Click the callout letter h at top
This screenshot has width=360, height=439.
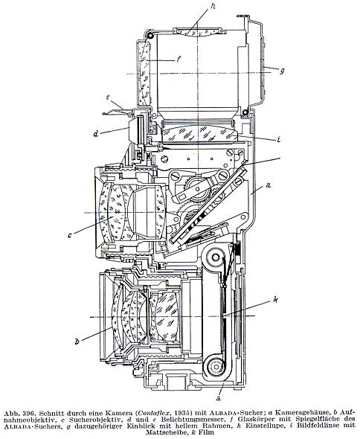tap(213, 7)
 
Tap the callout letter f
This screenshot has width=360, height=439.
tap(178, 60)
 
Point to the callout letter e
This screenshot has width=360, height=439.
tap(108, 97)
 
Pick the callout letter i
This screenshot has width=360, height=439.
tap(278, 139)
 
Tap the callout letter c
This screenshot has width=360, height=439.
tap(70, 234)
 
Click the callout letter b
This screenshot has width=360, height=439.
tap(77, 341)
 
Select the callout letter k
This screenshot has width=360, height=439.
tap(275, 300)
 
